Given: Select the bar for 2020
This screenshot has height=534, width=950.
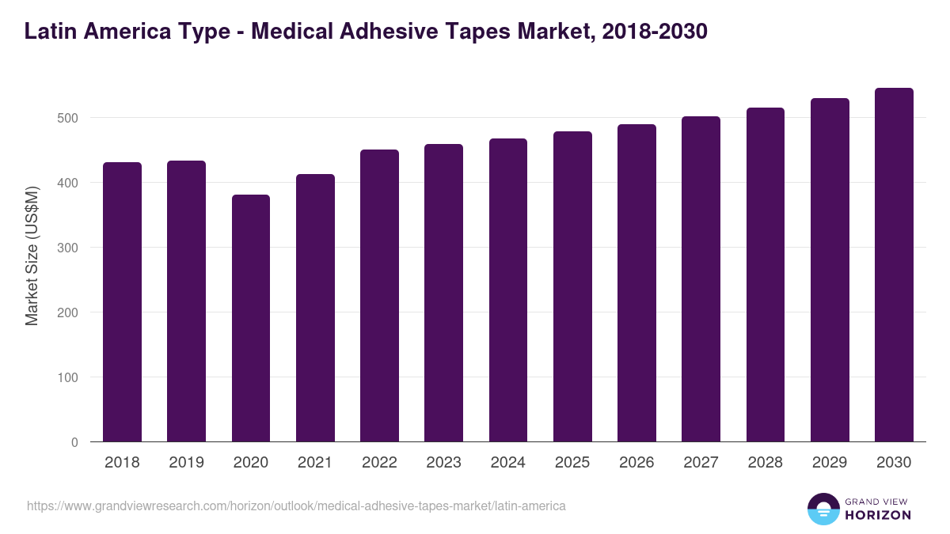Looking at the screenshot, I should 251,318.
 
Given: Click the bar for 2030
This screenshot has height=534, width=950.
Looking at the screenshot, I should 894,265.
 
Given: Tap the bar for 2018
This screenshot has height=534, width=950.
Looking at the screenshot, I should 122,302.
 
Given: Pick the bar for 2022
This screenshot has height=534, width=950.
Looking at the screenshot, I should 379,296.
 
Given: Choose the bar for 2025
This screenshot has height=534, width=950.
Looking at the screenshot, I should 572,286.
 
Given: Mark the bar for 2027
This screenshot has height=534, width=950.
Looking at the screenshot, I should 701,279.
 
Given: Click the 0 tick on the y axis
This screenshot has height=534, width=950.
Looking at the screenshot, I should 74,442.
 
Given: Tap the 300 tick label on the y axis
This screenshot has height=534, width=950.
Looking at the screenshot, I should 69,248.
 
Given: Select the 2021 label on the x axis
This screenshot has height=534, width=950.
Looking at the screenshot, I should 315,463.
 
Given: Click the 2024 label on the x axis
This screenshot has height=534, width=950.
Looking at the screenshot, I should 507,463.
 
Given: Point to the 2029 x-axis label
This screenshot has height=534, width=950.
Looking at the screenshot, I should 830,463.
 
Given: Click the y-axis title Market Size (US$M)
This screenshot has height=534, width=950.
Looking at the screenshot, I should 32,256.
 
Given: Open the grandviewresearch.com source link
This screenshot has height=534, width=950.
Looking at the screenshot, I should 296,506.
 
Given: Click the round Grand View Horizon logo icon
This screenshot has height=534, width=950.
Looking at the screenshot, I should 823,509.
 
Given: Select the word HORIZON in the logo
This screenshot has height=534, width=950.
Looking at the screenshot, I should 878,515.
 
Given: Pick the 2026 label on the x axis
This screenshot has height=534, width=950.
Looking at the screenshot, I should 636,463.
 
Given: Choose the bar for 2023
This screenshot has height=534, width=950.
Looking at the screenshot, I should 443,293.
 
